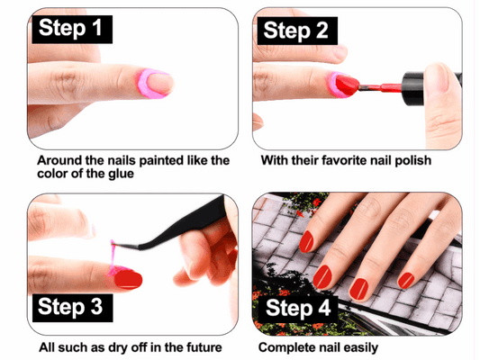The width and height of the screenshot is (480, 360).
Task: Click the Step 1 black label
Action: click(x=74, y=28)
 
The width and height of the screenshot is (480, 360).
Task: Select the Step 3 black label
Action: click(x=74, y=306)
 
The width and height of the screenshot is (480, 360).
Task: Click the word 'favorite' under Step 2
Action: click(x=350, y=161)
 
